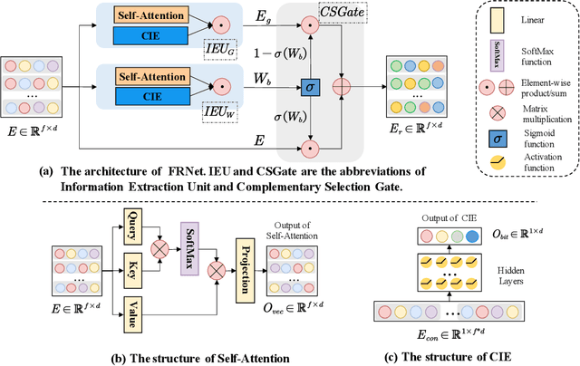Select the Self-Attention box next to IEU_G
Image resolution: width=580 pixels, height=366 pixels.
(x=158, y=16)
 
